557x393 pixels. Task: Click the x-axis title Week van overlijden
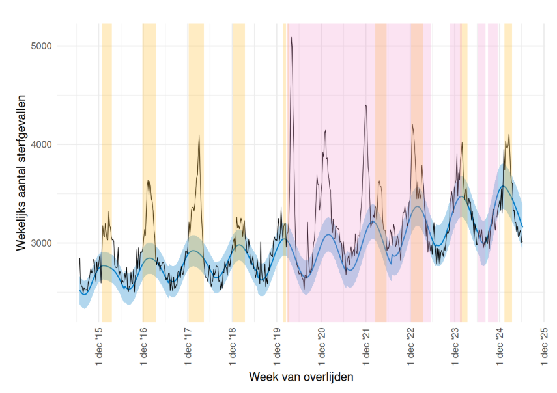click(302, 377)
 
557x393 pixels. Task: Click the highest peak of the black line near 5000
click(291, 38)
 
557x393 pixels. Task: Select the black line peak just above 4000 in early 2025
click(509, 135)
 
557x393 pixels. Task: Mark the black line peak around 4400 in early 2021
click(366, 105)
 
